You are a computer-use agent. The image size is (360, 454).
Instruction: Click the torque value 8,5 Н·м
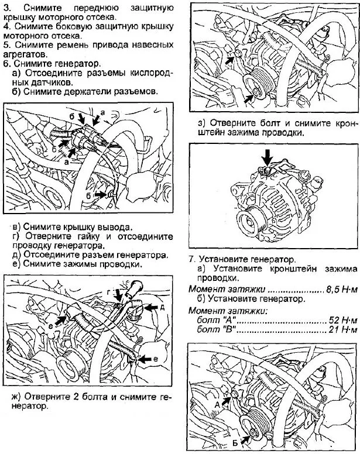pyautogui.click(x=340, y=289)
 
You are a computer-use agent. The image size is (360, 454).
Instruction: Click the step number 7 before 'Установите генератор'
pyautogui.click(x=191, y=258)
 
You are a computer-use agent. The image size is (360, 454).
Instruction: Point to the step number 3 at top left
pyautogui.click(x=6, y=8)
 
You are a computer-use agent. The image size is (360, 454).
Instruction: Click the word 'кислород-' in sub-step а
pyautogui.click(x=152, y=73)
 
